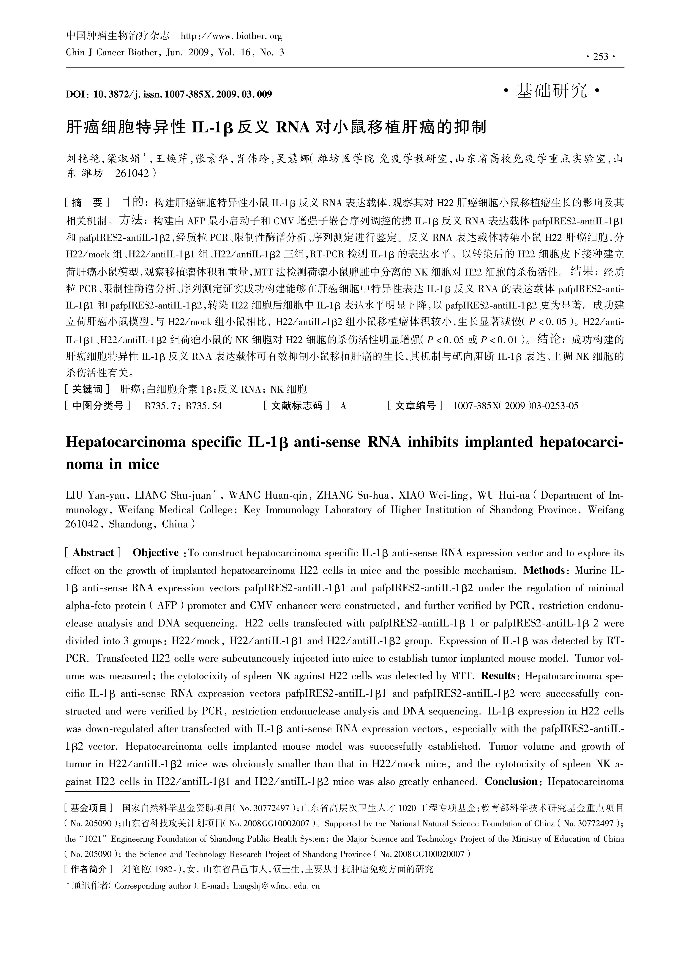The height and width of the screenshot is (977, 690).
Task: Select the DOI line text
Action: tap(169, 94)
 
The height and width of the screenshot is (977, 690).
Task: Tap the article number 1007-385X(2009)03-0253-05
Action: tap(516, 406)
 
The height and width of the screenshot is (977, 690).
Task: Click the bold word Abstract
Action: tap(93, 553)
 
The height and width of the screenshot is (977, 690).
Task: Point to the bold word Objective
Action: tap(156, 553)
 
